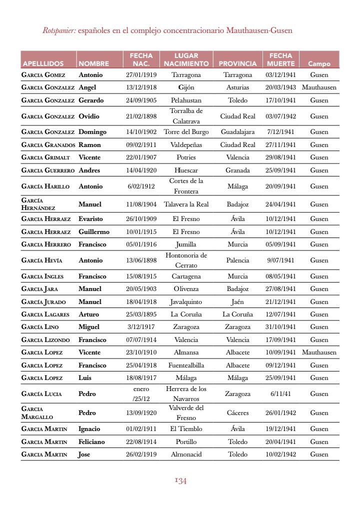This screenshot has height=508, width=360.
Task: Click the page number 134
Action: click(x=180, y=481)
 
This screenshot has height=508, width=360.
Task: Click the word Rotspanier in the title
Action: click(x=59, y=30)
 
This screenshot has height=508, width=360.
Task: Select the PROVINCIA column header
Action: click(x=237, y=64)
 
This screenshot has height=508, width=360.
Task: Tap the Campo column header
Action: click(x=319, y=64)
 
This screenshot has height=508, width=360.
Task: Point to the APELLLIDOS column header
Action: click(x=43, y=64)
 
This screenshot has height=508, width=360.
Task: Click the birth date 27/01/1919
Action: click(x=141, y=75)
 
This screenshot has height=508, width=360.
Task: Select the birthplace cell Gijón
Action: click(x=186, y=87)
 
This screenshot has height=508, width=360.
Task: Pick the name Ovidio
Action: click(x=89, y=116)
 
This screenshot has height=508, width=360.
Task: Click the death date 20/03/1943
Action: click(x=280, y=87)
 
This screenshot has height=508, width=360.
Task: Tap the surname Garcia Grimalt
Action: click(x=46, y=157)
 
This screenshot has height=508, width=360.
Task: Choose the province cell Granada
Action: click(x=237, y=170)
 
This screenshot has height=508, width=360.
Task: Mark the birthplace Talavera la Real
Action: click(x=186, y=204)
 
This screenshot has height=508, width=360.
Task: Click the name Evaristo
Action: click(x=90, y=219)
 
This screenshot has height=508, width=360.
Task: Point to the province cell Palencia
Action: click(x=237, y=260)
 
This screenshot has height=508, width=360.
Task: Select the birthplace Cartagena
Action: click(x=186, y=276)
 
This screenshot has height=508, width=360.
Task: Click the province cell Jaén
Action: click(x=237, y=302)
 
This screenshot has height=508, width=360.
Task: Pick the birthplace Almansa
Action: click(x=186, y=352)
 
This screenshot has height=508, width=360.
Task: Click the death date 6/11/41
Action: click(x=280, y=394)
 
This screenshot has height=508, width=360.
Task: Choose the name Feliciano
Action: click(x=92, y=442)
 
